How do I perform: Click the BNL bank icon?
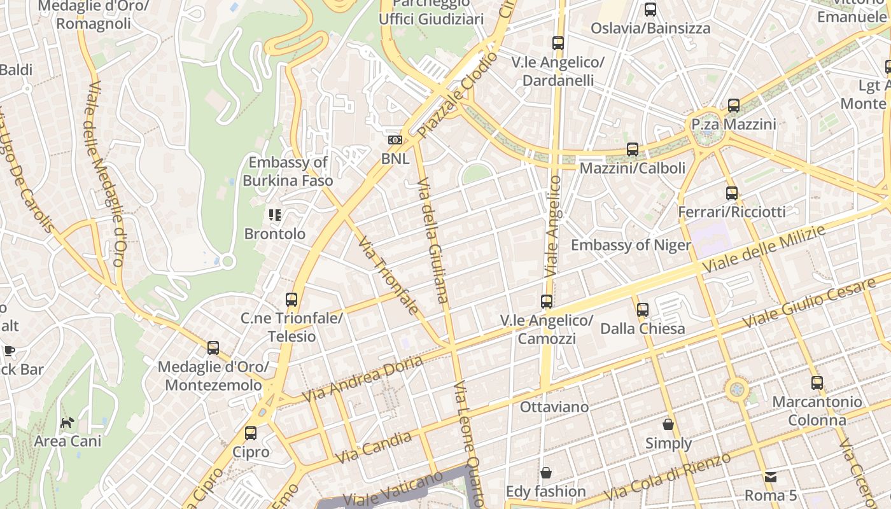(x=395, y=140)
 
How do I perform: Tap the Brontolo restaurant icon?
(x=275, y=215)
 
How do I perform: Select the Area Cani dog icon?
(x=67, y=422)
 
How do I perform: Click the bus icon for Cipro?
(x=251, y=433)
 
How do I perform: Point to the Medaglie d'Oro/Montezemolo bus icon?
(x=213, y=348)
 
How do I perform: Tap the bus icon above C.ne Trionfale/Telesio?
(x=291, y=299)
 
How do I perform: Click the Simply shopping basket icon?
(x=668, y=424)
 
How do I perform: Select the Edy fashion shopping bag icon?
(x=545, y=472)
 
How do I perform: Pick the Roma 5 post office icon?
(x=771, y=477)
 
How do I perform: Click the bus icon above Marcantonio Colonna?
(x=817, y=383)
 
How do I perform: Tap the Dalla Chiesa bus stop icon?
(x=643, y=310)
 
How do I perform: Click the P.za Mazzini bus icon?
(x=734, y=106)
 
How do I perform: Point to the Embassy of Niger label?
(x=631, y=245)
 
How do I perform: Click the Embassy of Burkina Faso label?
(x=288, y=172)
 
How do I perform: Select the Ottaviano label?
(x=554, y=407)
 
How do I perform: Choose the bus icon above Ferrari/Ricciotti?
(x=732, y=193)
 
